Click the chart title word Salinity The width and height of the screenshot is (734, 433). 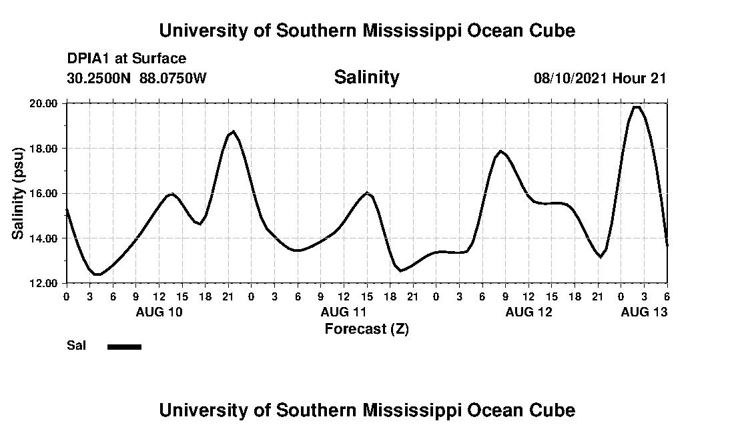[x=366, y=77]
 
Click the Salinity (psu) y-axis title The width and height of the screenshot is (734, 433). [x=19, y=193]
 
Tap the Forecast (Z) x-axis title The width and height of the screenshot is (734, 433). [x=366, y=329]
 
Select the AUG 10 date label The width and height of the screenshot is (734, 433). [x=159, y=312]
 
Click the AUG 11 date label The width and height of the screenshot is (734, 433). [x=344, y=312]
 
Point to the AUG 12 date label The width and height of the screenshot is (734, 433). [x=528, y=312]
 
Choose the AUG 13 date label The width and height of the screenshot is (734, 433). [x=644, y=312]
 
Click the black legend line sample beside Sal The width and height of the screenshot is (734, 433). [x=124, y=346]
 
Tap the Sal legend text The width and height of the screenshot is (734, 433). [x=76, y=346]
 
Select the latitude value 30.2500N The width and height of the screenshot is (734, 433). [x=99, y=78]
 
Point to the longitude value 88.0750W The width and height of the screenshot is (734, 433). [x=173, y=78]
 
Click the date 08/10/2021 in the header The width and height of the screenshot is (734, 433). [x=571, y=78]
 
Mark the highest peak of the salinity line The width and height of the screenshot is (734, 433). [x=637, y=107]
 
